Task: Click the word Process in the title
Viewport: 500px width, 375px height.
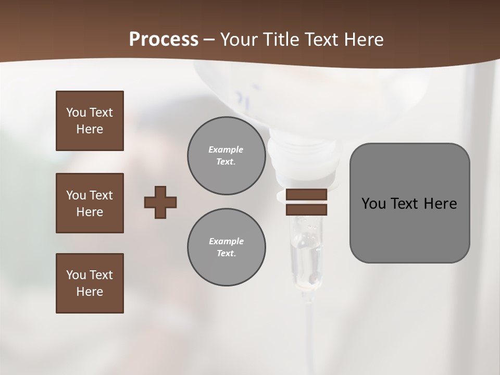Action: (x=164, y=40)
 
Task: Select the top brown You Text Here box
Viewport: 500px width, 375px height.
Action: (x=90, y=121)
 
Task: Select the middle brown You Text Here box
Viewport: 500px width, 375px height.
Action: (x=90, y=203)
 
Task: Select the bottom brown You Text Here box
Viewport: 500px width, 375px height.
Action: (x=90, y=283)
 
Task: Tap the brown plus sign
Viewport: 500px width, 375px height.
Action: (x=160, y=202)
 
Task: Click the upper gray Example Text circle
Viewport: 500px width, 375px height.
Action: (x=227, y=156)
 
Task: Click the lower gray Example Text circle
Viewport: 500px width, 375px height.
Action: (x=227, y=247)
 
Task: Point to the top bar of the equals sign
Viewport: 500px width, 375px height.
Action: (x=306, y=194)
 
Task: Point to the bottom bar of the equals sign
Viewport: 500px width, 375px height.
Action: (x=306, y=210)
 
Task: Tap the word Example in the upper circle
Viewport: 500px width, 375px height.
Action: (x=226, y=149)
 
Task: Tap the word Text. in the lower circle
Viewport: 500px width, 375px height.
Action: (x=226, y=254)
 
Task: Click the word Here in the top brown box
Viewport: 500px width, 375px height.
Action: (x=90, y=129)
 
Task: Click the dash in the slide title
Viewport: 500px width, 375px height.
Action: (x=209, y=40)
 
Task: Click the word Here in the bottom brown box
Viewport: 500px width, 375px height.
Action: (x=90, y=292)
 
